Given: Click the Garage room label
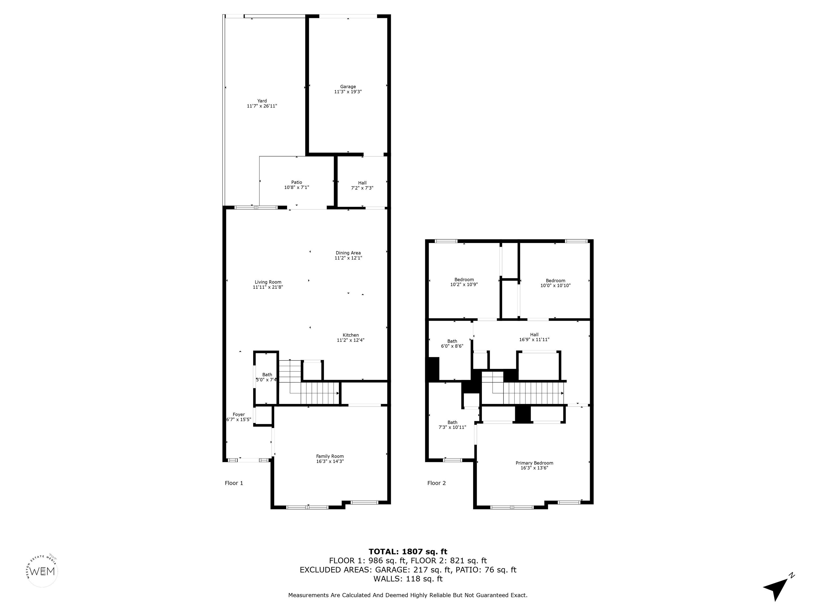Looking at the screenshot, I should point(348,87).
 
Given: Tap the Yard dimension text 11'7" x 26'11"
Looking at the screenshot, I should point(262,106).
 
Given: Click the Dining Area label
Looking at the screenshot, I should point(348,253).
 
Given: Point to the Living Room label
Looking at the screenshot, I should point(268,282).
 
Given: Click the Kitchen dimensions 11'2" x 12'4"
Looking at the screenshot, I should point(350,340).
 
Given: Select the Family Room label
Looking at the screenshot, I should point(330,456).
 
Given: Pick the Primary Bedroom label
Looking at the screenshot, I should point(534,463).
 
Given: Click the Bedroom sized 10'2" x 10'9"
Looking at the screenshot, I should point(464,282).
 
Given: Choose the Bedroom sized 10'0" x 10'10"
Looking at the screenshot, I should point(555,283).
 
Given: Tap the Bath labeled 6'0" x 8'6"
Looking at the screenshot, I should point(452,343).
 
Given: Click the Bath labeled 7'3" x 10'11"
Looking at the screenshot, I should point(452,424).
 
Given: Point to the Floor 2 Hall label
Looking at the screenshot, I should point(534,335).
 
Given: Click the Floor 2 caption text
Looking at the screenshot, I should point(436,483).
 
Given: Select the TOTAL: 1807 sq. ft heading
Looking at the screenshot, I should point(408,551).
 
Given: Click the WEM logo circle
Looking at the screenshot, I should point(42,571).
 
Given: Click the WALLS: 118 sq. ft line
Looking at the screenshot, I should point(408,579).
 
